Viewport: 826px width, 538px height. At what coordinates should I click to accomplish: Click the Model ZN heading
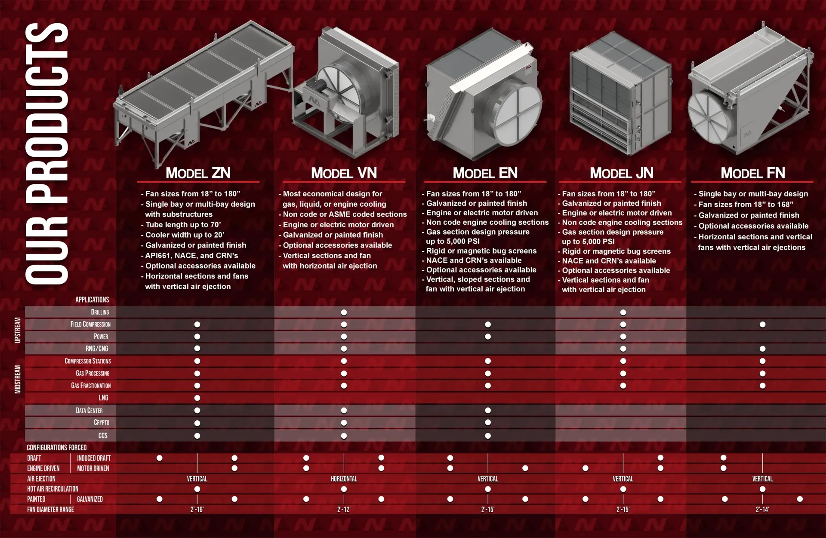pos(198,173)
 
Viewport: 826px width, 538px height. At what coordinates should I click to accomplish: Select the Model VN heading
pos(344,173)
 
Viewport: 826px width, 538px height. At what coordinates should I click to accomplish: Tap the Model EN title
pos(485,173)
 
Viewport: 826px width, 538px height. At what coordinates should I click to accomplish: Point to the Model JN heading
pos(622,173)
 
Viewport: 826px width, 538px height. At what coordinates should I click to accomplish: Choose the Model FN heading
pos(753,173)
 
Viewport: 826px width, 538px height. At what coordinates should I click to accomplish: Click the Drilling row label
pos(100,312)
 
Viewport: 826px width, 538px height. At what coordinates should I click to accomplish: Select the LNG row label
pos(103,398)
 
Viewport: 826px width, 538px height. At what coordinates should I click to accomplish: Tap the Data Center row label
pos(89,410)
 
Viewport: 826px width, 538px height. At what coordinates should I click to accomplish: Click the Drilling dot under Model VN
pos(344,312)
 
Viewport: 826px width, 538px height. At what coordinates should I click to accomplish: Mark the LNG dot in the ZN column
pos(197,398)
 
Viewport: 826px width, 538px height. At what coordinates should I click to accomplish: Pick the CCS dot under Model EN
pos(488,436)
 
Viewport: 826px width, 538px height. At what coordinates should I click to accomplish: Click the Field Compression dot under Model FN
pos(762,324)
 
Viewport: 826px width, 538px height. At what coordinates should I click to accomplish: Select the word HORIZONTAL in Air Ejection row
pos(344,479)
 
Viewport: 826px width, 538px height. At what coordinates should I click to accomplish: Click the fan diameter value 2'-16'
pos(197,510)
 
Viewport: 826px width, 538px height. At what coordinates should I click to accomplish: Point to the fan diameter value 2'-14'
pos(762,510)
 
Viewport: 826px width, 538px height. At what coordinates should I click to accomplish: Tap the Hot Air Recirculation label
pos(53,489)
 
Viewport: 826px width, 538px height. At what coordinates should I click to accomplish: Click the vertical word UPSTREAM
pos(18,330)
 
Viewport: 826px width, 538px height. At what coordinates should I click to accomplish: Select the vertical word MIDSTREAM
pos(18,379)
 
